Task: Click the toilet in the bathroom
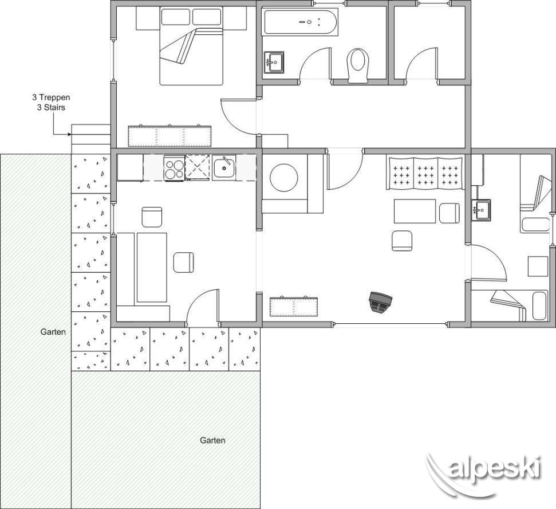358,65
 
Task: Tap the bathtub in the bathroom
300,22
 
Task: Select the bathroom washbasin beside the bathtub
274,62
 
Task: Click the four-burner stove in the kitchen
174,169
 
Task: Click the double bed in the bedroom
191,46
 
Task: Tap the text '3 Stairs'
51,107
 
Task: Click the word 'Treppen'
54,97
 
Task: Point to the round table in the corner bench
283,178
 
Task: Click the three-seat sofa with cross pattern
425,173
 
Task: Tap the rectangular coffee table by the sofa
415,211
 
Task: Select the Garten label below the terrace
212,440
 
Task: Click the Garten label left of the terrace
53,332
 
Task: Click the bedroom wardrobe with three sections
169,136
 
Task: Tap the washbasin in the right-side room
481,210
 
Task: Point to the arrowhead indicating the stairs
69,134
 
